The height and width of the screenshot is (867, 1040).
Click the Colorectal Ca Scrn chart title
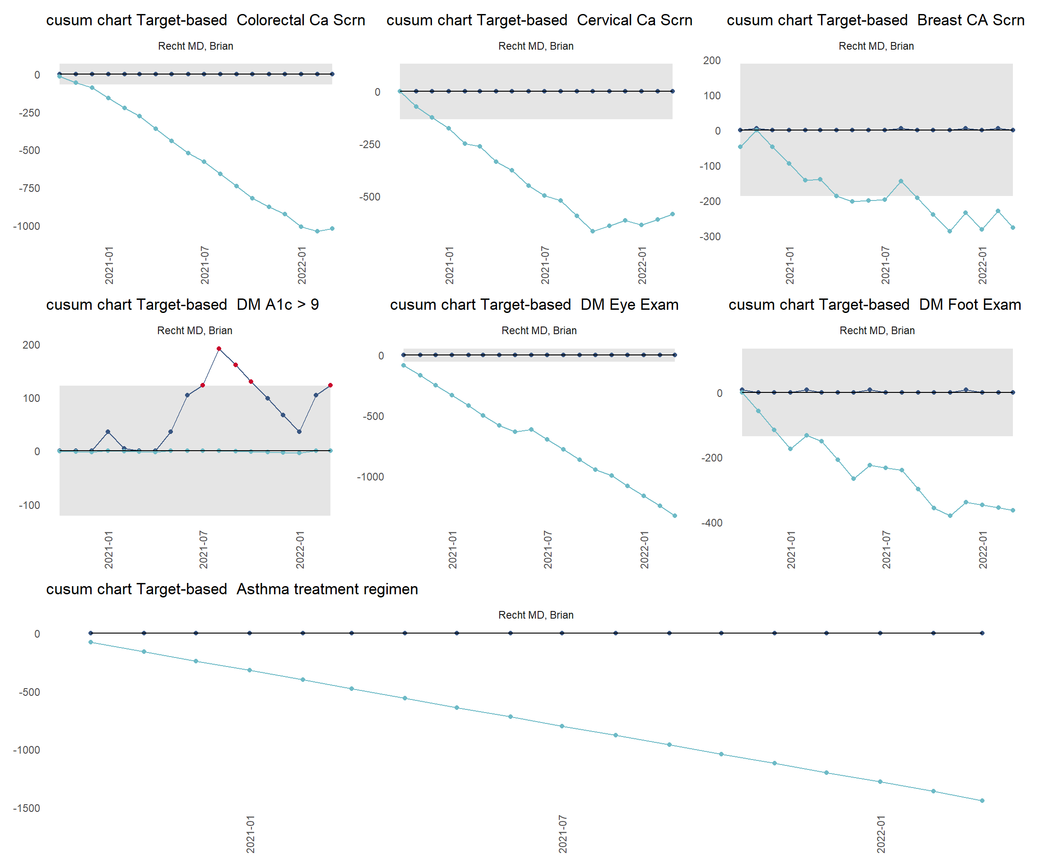(x=205, y=20)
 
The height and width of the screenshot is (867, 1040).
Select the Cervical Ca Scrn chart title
(x=539, y=20)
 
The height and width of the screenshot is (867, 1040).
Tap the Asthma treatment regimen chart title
(x=232, y=589)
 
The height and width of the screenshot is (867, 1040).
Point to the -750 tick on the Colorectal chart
(x=29, y=188)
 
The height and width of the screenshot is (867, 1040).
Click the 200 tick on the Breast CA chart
(x=712, y=61)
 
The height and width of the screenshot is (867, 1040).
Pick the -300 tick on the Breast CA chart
(x=710, y=237)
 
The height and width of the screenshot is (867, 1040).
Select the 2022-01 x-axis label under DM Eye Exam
(x=644, y=550)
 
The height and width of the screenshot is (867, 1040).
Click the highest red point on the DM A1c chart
(x=219, y=349)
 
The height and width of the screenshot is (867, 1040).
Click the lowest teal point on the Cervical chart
(x=592, y=231)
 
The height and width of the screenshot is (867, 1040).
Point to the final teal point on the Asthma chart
(x=982, y=801)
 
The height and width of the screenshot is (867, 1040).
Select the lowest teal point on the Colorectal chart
(x=317, y=231)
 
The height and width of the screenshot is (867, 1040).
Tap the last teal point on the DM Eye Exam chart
(x=674, y=516)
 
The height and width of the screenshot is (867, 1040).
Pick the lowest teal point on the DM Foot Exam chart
(x=950, y=516)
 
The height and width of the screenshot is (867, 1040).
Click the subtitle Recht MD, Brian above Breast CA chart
(x=876, y=46)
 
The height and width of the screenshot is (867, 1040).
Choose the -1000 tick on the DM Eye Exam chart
(x=370, y=477)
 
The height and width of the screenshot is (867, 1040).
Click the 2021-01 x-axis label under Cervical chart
(x=449, y=265)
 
